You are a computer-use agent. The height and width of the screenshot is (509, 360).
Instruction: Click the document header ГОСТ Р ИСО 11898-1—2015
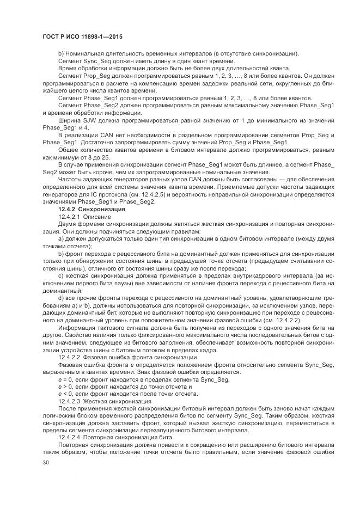[x=82, y=36]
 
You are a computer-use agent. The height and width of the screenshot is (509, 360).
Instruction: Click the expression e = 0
[x=66, y=378]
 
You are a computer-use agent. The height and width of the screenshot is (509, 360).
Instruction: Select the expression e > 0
[x=66, y=385]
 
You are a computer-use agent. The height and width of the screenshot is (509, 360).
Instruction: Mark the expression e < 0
[x=66, y=393]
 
